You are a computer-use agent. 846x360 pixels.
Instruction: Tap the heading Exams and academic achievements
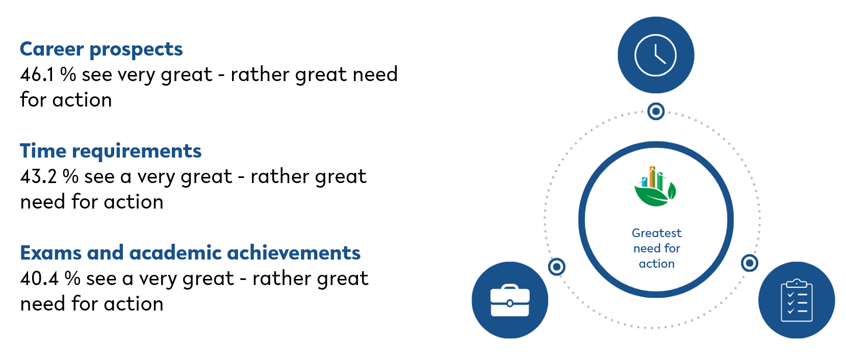pyautogui.click(x=190, y=252)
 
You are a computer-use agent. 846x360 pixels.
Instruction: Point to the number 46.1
pyautogui.click(x=37, y=74)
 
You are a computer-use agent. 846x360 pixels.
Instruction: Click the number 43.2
pyautogui.click(x=39, y=176)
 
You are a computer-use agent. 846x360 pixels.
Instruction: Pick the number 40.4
pyautogui.click(x=39, y=278)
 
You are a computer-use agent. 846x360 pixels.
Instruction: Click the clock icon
pyautogui.click(x=656, y=55)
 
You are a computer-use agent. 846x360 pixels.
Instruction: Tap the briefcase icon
pyautogui.click(x=510, y=300)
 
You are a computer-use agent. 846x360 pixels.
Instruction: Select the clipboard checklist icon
pyautogui.click(x=797, y=300)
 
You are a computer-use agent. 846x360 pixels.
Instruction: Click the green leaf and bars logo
pyautogui.click(x=655, y=186)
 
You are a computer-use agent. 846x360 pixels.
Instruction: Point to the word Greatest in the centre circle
pyautogui.click(x=656, y=234)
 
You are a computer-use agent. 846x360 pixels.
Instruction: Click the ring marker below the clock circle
pyautogui.click(x=656, y=112)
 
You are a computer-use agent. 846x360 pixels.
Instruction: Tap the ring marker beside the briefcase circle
pyautogui.click(x=557, y=267)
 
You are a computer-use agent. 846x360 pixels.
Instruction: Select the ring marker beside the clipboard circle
pyautogui.click(x=750, y=263)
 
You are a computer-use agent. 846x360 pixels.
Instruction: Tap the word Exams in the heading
pyautogui.click(x=50, y=253)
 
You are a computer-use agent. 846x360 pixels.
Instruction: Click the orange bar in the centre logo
pyautogui.click(x=652, y=177)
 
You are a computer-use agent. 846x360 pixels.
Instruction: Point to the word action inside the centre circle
pyautogui.click(x=656, y=264)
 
